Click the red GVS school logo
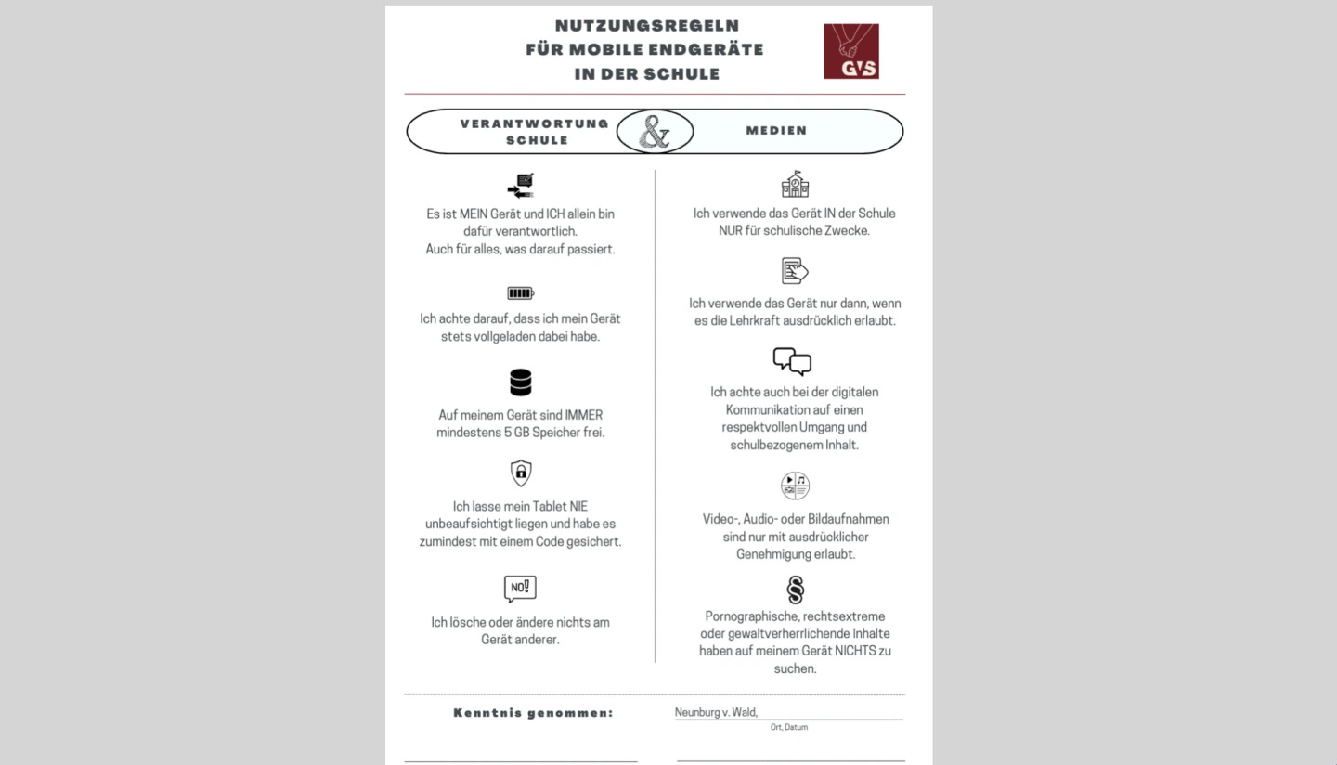tap(850, 51)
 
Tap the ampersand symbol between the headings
tap(655, 132)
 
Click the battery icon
tap(520, 293)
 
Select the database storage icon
tap(520, 382)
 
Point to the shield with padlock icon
tap(521, 473)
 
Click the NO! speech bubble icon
tap(520, 588)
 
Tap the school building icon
tap(795, 184)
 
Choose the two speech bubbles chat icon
tap(792, 361)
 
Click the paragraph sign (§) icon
tap(795, 590)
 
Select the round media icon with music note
tap(795, 486)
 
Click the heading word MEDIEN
tap(776, 131)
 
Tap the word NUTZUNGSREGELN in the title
tap(647, 26)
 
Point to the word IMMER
tap(583, 415)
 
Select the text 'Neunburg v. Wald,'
tap(716, 712)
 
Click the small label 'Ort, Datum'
tap(788, 727)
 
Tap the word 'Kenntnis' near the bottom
tap(487, 713)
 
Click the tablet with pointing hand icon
tap(795, 271)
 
